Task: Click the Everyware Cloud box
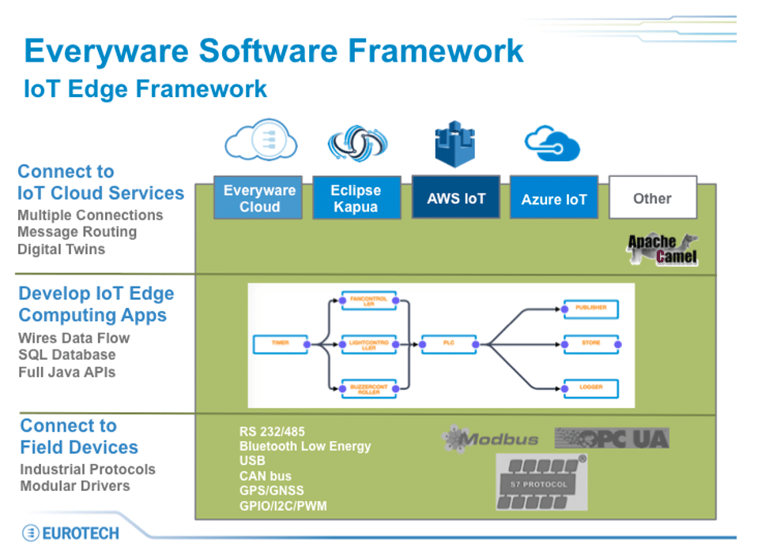[259, 198]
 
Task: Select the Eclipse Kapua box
[356, 198]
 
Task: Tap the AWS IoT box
[455, 198]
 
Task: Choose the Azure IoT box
[553, 199]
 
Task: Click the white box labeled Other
[652, 198]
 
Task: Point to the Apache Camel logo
[662, 249]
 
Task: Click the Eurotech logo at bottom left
[70, 533]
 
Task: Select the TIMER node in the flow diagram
[280, 343]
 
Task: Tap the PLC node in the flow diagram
[448, 343]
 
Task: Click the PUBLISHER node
[590, 308]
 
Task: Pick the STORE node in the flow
[590, 343]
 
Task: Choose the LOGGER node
[590, 388]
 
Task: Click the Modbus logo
[490, 440]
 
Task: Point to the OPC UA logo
[612, 438]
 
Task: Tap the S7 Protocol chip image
[542, 481]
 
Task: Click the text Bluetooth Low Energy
[304, 446]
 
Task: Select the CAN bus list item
[265, 476]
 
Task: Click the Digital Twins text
[61, 249]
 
